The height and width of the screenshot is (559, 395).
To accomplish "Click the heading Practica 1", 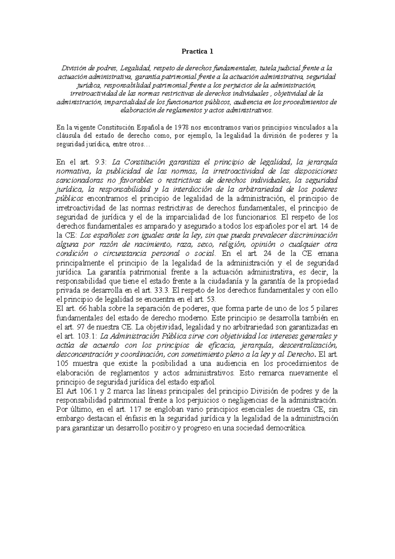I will (198, 51).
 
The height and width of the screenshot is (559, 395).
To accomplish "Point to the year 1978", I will (182, 127).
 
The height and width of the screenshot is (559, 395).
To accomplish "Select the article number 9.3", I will (99, 162).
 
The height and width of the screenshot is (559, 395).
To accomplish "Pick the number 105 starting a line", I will (62, 364).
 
